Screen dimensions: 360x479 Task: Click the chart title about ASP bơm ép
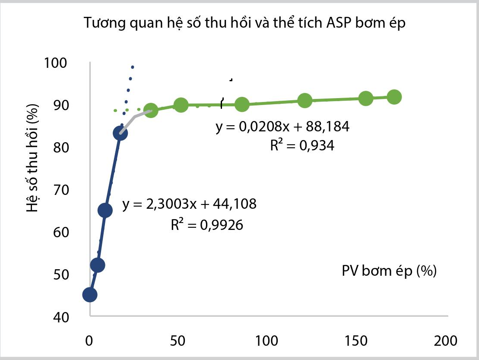[245, 23]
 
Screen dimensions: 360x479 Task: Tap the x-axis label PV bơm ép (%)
[389, 271]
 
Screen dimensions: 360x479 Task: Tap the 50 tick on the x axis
[178, 340]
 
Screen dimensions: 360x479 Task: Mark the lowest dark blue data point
[89, 295]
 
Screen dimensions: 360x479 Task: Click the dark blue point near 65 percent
[105, 210]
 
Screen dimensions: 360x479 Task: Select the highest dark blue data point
[120, 133]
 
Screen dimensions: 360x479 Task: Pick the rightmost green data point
[394, 97]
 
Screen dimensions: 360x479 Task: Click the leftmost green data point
[151, 110]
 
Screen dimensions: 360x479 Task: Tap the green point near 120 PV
[305, 101]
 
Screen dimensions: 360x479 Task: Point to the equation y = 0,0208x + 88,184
[282, 127]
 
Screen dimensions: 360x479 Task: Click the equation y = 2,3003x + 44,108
[189, 204]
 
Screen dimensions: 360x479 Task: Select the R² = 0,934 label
[302, 146]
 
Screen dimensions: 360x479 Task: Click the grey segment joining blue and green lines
[135, 117]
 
